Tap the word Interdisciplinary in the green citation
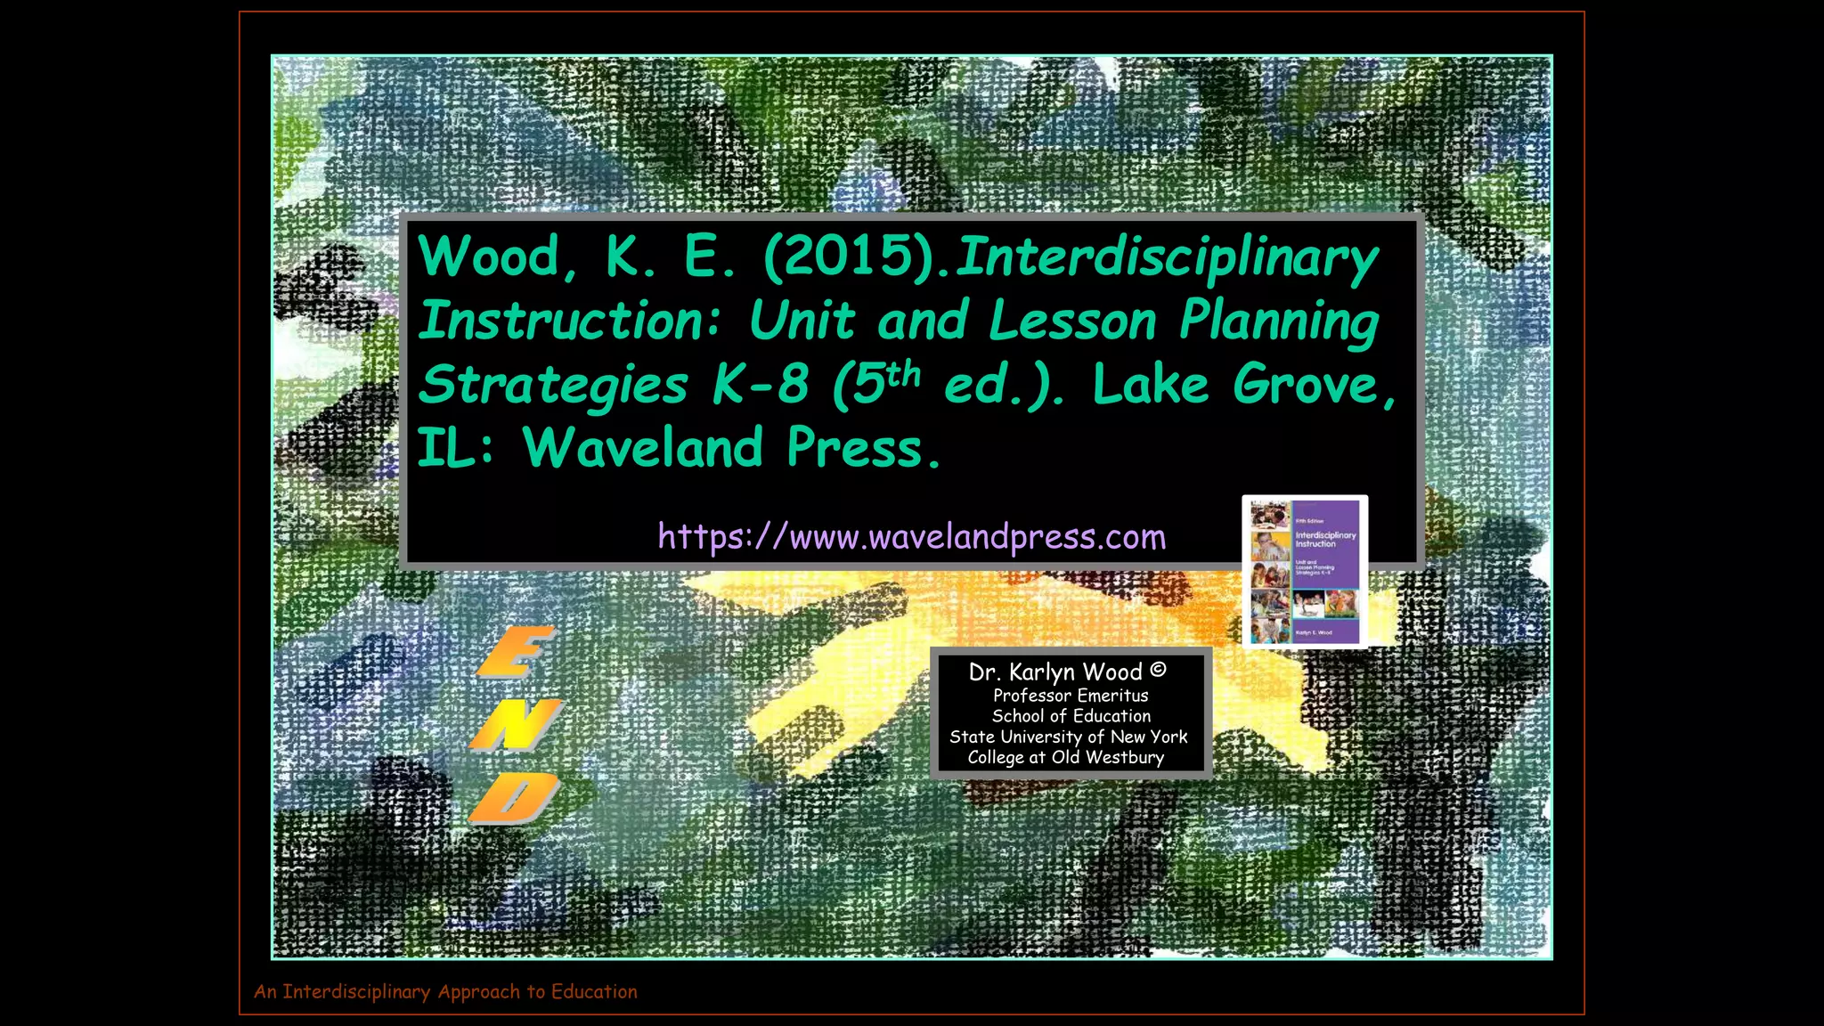coord(1167,257)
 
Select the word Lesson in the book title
coord(1072,321)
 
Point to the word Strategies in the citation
coord(553,386)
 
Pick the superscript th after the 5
coord(903,374)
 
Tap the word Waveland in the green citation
coord(642,448)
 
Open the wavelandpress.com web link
coord(911,537)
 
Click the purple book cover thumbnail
coord(1305,571)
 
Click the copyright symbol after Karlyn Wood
coord(1158,670)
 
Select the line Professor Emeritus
coord(1071,696)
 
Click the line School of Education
coord(1071,716)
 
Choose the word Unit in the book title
coord(802,321)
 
